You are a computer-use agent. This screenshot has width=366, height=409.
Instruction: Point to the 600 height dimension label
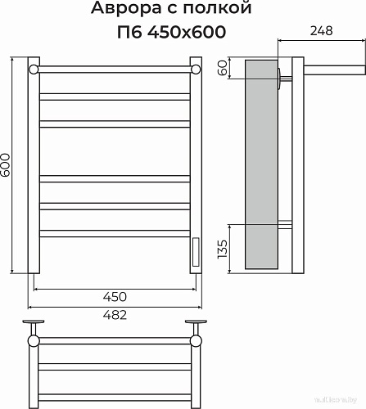[7, 166]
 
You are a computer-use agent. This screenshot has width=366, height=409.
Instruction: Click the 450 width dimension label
[114, 295]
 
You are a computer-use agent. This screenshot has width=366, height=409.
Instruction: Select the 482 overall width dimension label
[114, 315]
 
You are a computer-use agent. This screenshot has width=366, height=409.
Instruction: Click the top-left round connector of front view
[34, 69]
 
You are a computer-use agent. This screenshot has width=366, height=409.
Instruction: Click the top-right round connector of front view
[196, 69]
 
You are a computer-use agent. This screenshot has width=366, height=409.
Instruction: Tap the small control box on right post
[196, 252]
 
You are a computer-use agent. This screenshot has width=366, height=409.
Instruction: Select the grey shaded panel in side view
[262, 164]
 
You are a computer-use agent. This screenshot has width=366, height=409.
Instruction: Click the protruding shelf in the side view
[323, 67]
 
